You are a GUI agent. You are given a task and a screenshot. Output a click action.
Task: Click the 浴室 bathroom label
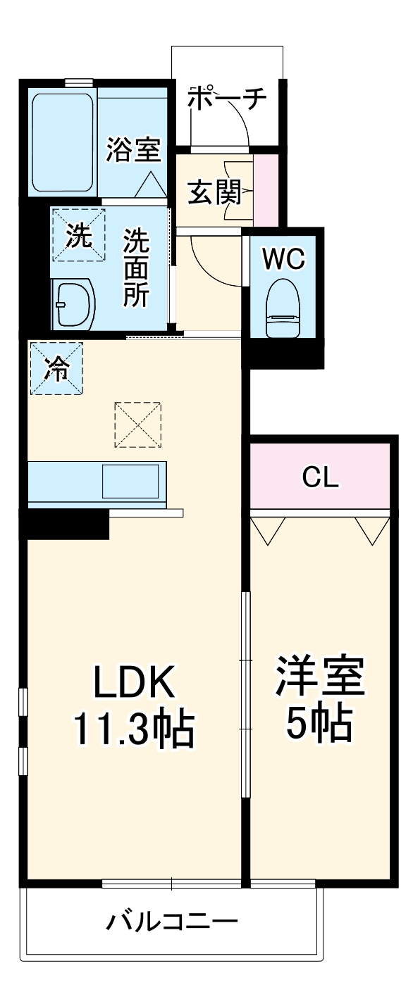(134, 149)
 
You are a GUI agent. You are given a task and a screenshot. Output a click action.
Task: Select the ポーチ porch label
(227, 99)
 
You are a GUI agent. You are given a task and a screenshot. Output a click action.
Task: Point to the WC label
(283, 258)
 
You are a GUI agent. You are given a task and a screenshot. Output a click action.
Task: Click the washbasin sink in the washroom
(75, 303)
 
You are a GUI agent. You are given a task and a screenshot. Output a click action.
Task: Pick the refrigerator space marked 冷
(56, 368)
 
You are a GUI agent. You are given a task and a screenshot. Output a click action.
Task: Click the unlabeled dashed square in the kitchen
(138, 424)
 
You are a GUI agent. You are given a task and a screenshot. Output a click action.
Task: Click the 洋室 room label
(319, 677)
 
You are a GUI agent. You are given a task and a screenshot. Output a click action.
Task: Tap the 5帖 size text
(319, 722)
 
